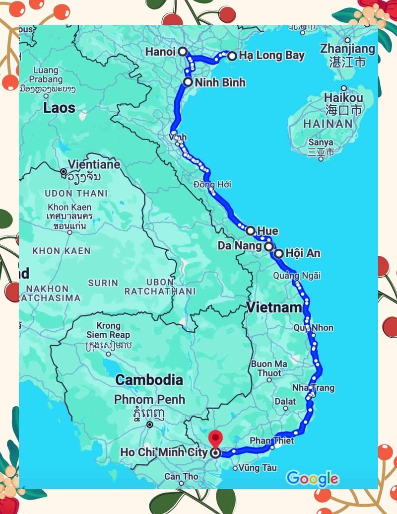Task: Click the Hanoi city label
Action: pos(160,52)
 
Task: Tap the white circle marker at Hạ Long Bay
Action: pos(232,56)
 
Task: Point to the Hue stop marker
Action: pos(251,230)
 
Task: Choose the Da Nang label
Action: pos(239,246)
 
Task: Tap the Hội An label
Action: pos(303,253)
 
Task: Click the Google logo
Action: pos(312,478)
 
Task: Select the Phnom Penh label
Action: pos(149,399)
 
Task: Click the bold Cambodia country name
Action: pos(149,380)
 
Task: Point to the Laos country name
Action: pos(59,108)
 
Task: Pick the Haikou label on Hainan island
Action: pos(343,97)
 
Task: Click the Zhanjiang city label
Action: pos(347,49)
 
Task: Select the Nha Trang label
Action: pos(313,388)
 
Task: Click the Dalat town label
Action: pos(285,401)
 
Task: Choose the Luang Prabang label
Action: pos(45,74)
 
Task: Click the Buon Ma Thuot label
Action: pos(268,368)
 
